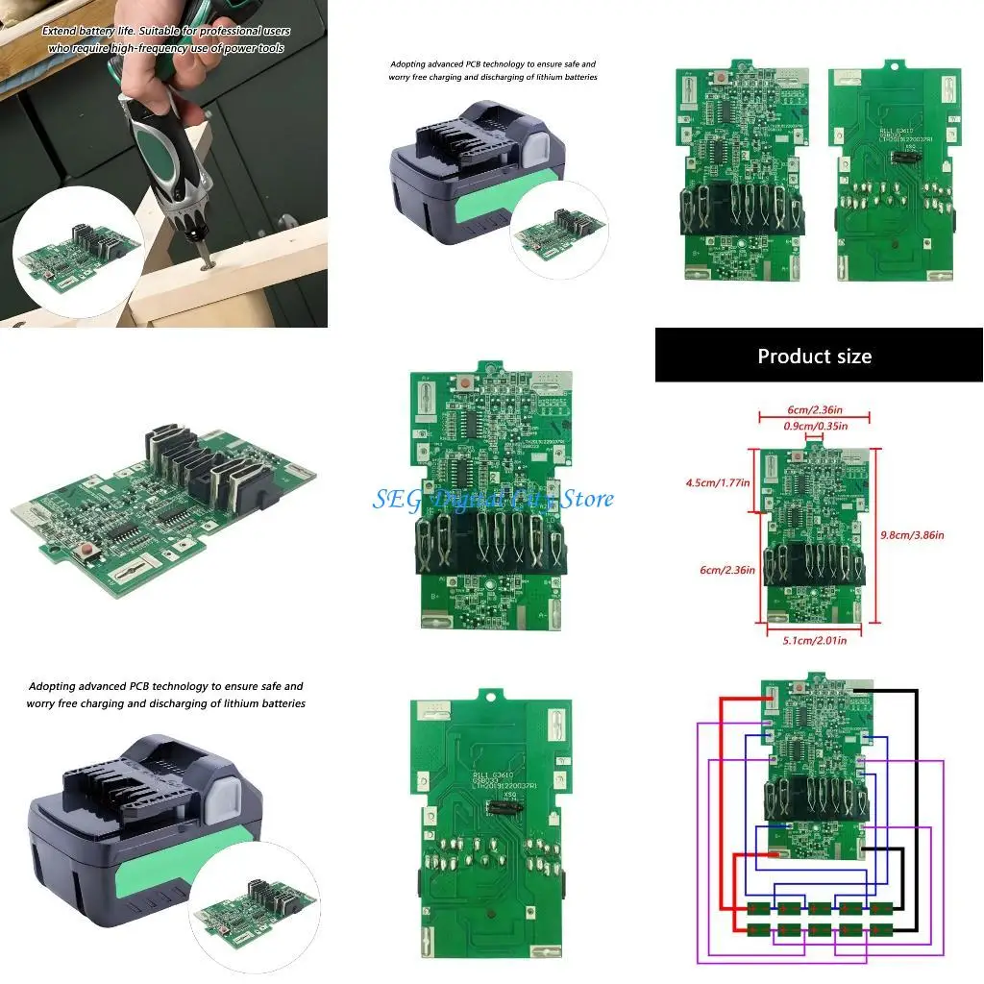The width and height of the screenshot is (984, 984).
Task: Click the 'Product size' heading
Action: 814,357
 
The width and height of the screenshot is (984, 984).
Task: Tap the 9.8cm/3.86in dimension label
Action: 912,534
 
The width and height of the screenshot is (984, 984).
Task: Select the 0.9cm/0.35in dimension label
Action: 814,426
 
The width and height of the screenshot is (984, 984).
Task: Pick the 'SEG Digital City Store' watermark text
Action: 493,499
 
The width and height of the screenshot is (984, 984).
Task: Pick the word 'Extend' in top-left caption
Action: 60,32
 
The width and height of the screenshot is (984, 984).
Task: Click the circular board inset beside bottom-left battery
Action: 250,908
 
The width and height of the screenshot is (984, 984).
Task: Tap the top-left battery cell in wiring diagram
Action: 758,908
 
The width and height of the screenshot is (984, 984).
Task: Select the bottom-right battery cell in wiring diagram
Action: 880,929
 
